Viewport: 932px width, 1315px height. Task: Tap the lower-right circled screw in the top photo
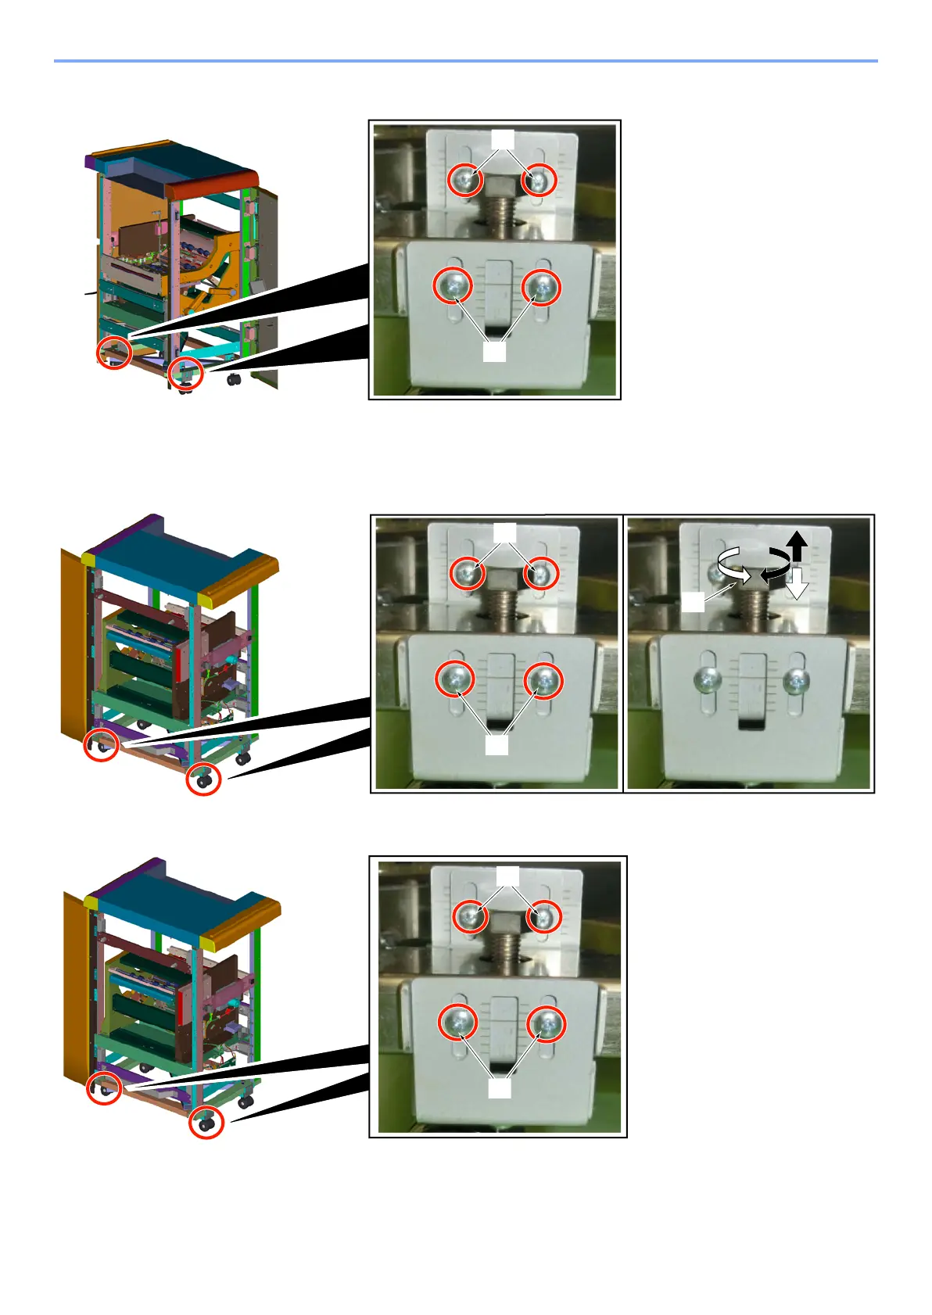coord(541,287)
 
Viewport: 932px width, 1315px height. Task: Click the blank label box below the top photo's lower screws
coord(494,353)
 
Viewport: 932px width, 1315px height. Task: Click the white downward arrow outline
coord(796,582)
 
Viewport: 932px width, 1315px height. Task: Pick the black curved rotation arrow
coord(775,564)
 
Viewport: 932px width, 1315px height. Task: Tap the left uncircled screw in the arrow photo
coord(708,681)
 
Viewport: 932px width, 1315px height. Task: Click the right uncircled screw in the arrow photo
coord(796,681)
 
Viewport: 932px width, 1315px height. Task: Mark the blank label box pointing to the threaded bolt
coord(693,603)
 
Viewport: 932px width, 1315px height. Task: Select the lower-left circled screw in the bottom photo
coord(458,1023)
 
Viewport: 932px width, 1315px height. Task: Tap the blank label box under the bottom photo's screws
coord(500,1087)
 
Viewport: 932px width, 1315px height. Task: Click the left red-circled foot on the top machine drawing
coord(114,353)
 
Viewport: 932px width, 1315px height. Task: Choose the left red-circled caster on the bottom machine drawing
coord(104,1087)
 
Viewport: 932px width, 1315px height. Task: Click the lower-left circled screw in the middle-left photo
coord(456,679)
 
